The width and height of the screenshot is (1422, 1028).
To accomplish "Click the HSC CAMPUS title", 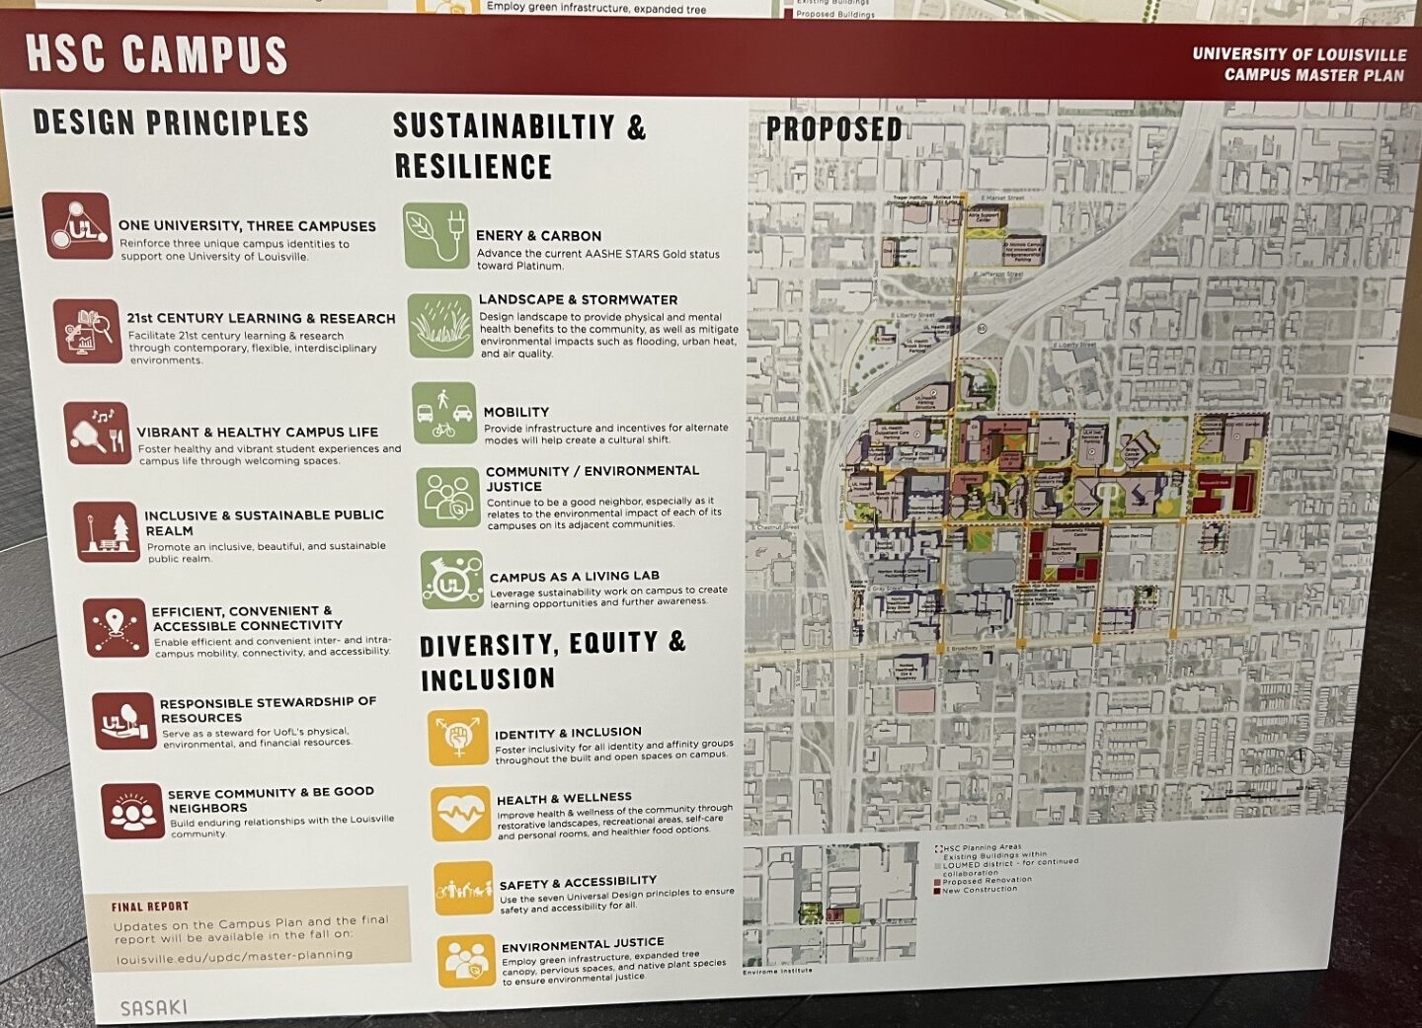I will pyautogui.click(x=156, y=54).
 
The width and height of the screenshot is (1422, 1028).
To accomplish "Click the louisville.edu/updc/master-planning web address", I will pyautogui.click(x=234, y=956).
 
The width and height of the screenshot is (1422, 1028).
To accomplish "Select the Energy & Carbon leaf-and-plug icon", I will pyautogui.click(x=435, y=236).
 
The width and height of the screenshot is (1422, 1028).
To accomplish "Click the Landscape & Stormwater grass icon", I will pyautogui.click(x=440, y=325).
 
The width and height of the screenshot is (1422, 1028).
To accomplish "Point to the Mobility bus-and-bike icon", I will pyautogui.click(x=443, y=414).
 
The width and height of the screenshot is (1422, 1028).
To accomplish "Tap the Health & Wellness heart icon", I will pyautogui.click(x=460, y=813).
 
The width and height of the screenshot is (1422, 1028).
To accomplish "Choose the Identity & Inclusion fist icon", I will pyautogui.click(x=457, y=737).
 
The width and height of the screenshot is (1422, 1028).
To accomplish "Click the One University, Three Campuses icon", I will pyautogui.click(x=76, y=226).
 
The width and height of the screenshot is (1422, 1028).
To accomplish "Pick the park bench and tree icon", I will pyautogui.click(x=107, y=531).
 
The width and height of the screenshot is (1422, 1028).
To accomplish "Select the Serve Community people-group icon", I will pyautogui.click(x=132, y=811).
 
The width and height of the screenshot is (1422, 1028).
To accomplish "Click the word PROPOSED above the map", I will pyautogui.click(x=833, y=129).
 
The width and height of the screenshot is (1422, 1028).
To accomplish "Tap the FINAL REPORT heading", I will pyautogui.click(x=150, y=907).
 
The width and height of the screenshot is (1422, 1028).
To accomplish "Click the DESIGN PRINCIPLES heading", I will pyautogui.click(x=171, y=122).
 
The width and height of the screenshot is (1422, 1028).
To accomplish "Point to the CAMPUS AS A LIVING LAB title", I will pyautogui.click(x=574, y=577).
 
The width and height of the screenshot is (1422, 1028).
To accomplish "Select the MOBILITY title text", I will pyautogui.click(x=515, y=412).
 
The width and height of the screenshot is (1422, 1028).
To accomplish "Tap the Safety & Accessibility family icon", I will pyautogui.click(x=463, y=888).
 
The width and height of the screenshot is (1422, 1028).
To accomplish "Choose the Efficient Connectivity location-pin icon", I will pyautogui.click(x=116, y=627).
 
